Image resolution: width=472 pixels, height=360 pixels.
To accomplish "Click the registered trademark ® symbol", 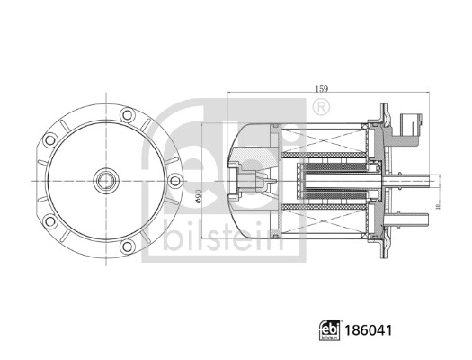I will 318,110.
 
